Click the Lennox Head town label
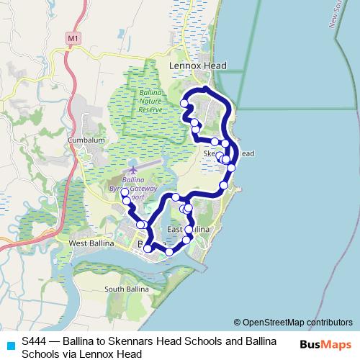click(197, 66)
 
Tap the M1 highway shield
click(71, 37)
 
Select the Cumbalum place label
click(86, 140)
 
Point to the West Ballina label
click(91, 243)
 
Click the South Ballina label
click(126, 289)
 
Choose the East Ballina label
click(188, 229)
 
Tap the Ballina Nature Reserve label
click(150, 101)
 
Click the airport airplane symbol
click(132, 169)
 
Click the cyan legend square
click(9, 343)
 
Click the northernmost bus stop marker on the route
click(206, 89)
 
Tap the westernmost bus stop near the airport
click(124, 192)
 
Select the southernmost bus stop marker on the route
click(169, 252)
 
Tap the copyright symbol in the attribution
click(237, 322)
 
